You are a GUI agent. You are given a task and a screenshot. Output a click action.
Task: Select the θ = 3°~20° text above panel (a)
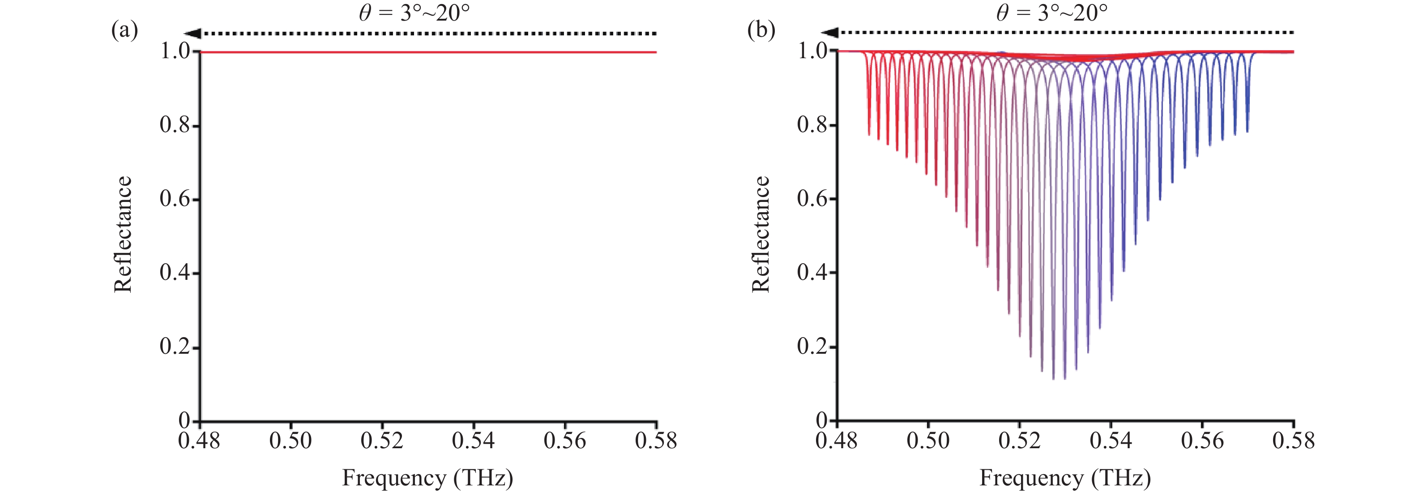click(x=414, y=13)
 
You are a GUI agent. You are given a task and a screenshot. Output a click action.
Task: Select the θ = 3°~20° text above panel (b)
click(x=1051, y=13)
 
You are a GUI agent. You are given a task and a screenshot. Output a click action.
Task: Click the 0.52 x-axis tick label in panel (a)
click(x=382, y=441)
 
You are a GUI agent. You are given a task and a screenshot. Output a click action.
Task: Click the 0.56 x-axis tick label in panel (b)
click(x=1202, y=441)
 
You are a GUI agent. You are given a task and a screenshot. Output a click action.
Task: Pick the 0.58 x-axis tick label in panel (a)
click(x=656, y=441)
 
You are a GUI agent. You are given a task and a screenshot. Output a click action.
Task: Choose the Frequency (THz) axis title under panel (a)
click(x=427, y=478)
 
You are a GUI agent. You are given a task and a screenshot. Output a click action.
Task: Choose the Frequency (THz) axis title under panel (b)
click(x=1064, y=478)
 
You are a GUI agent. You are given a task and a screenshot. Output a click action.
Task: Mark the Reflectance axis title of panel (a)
click(x=123, y=235)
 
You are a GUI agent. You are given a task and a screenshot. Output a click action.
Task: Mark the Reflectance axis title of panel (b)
click(x=761, y=235)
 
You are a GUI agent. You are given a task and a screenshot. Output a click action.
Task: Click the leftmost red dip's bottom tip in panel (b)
click(x=869, y=134)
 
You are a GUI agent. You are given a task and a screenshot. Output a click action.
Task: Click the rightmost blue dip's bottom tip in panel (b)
click(x=1248, y=132)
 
